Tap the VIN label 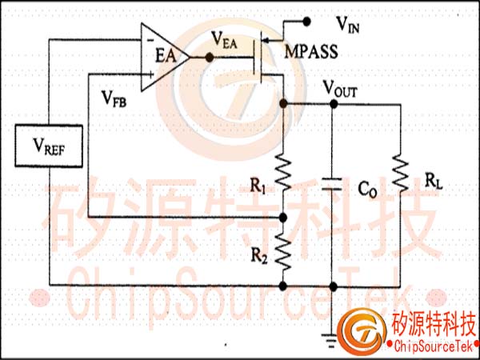[347, 24]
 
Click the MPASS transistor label [311, 52]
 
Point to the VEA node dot [210, 58]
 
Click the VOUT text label [340, 89]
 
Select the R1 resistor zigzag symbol [283, 172]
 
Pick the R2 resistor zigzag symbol [283, 251]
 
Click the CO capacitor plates [333, 184]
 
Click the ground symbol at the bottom [332, 341]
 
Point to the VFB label [114, 98]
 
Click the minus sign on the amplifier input [150, 40]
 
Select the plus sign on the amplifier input [150, 74]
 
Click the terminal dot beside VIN [306, 22]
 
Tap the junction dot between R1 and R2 [283, 218]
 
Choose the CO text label [368, 190]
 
